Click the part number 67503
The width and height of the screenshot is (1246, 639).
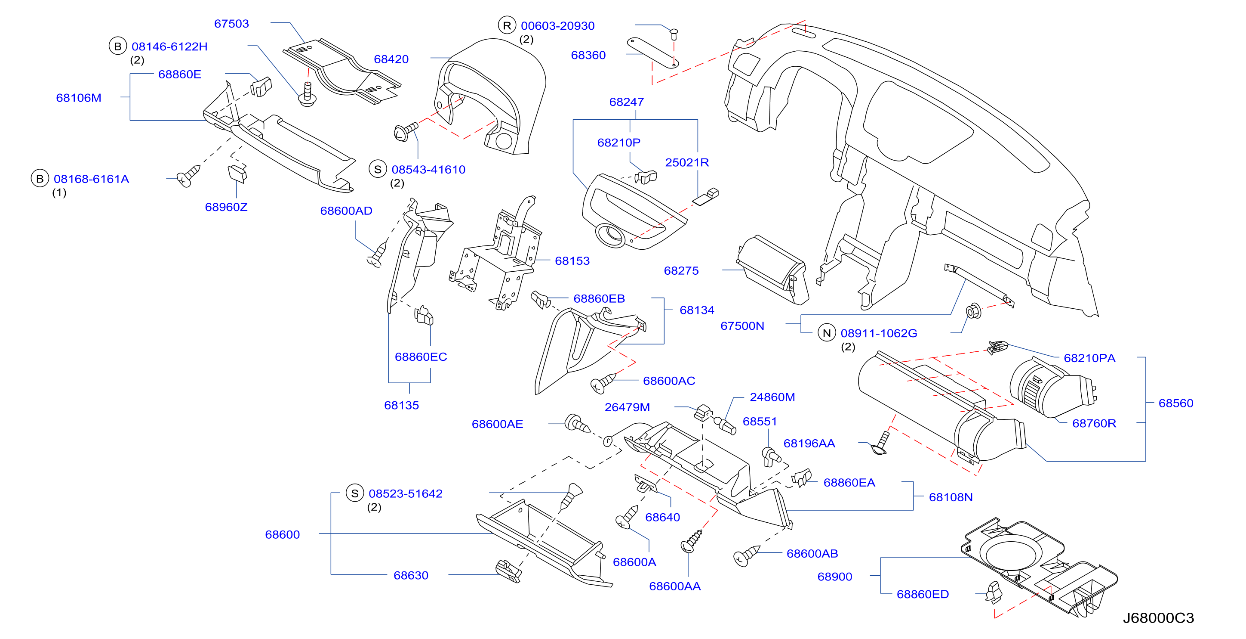(231, 24)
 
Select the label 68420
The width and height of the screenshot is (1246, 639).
(391, 59)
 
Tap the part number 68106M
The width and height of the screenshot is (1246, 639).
(78, 98)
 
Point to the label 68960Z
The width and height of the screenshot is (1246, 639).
(226, 207)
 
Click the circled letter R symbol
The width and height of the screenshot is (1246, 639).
(507, 26)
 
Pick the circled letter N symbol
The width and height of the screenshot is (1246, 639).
(827, 333)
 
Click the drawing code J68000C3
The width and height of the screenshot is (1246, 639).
(1158, 618)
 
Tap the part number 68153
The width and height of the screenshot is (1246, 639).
(572, 261)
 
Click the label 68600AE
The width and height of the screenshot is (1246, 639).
(497, 424)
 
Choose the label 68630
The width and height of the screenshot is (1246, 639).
(411, 576)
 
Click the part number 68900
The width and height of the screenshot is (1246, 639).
(834, 577)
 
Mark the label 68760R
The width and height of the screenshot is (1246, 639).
(1094, 424)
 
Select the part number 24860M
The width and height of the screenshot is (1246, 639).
(772, 397)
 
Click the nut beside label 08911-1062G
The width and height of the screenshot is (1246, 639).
(973, 311)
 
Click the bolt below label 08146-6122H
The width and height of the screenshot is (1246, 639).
(307, 95)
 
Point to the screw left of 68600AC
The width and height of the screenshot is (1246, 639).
(603, 383)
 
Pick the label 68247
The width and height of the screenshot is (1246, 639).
(626, 102)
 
